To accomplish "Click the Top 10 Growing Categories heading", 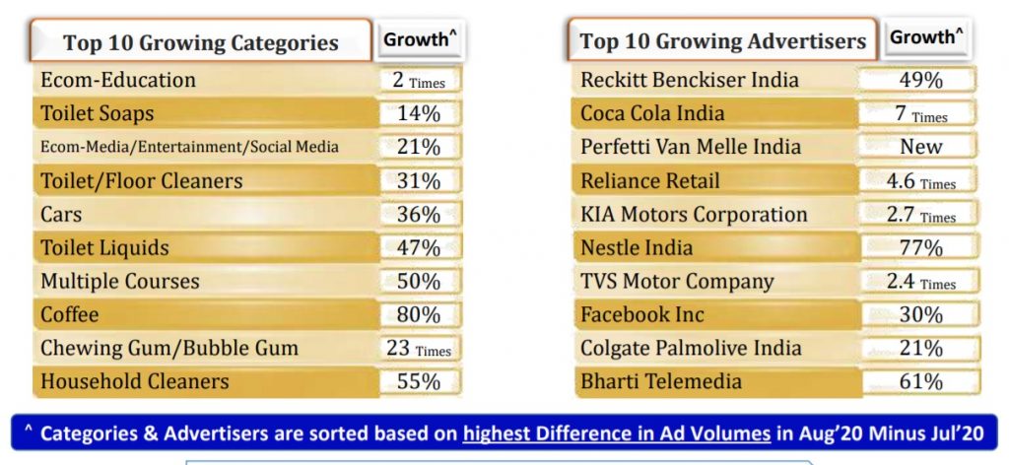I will point(200,42).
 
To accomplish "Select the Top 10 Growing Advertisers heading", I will point(722,41).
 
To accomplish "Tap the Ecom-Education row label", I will point(118,80).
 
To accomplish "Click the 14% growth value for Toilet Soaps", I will point(419,113).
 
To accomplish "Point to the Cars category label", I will point(61,214).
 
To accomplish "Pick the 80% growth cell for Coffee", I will point(419,314).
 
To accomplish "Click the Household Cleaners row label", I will point(134,381).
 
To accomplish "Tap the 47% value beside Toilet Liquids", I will point(419,247).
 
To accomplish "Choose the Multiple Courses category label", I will point(120,281).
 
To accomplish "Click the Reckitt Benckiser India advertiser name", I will point(690,80).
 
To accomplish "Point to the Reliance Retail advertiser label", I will point(650,180).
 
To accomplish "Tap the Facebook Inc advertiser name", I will point(639,314).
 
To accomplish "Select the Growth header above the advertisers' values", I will point(925,37).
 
